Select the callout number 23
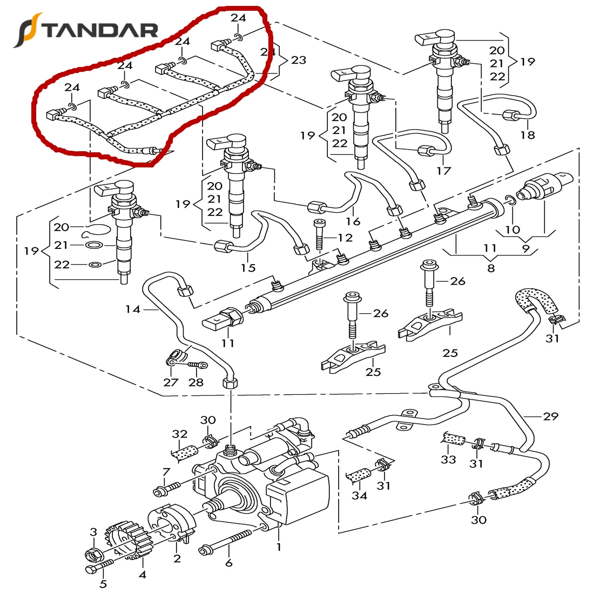click(298, 60)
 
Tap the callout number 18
click(528, 134)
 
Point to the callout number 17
click(443, 171)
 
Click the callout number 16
click(353, 221)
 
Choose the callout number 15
click(248, 267)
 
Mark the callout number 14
click(132, 309)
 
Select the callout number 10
click(512, 230)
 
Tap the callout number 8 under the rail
click(490, 267)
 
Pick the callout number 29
click(551, 416)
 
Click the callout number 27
click(171, 382)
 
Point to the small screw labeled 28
click(198, 366)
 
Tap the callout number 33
click(448, 459)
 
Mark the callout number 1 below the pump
click(279, 546)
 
